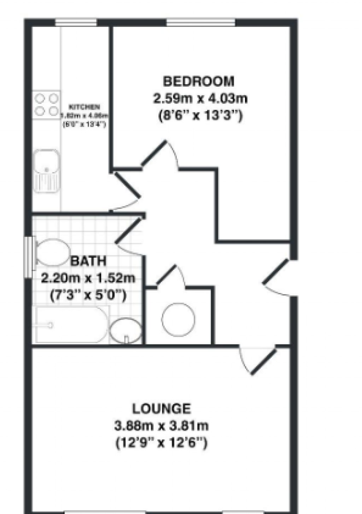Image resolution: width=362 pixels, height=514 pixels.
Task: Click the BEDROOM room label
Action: coord(198,81)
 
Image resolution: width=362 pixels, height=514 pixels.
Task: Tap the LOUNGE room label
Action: coord(162,409)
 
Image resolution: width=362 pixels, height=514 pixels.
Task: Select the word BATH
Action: coord(88,261)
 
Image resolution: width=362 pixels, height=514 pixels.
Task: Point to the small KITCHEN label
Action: coord(84,107)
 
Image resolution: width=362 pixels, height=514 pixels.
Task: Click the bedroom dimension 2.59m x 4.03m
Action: coord(200,98)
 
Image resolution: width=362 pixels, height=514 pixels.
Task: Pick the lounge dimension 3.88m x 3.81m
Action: coord(162,425)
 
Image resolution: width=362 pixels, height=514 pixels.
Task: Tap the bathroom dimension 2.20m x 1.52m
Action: coord(88,278)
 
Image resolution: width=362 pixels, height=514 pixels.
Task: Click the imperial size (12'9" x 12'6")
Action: coord(162,443)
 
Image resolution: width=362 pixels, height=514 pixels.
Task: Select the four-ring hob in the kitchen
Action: coord(46,105)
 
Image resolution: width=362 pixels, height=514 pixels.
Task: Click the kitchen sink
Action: coord(47,170)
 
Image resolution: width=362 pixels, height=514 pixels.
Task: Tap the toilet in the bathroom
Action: coord(52,253)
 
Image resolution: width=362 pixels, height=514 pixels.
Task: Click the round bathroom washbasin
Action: coord(125,330)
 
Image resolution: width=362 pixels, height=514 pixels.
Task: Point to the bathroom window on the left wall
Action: coord(28,256)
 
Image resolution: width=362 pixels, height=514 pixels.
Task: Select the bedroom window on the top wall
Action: coord(200,23)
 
